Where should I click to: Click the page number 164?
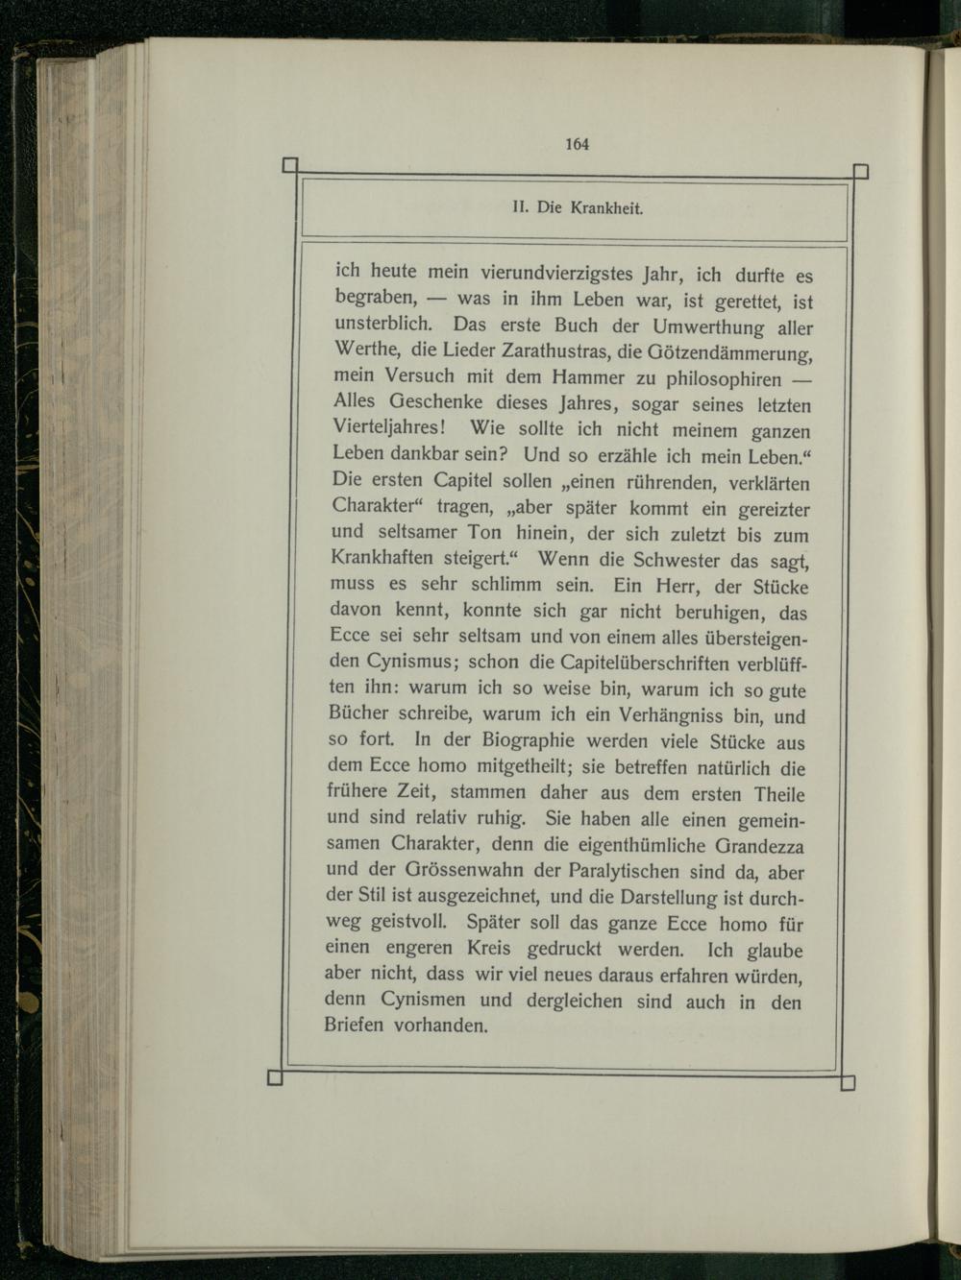(x=577, y=145)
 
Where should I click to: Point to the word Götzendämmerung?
(x=728, y=353)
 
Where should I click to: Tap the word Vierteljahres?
(x=385, y=428)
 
